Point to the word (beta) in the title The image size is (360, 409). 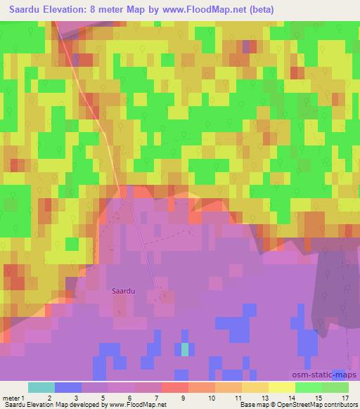coord(259,10)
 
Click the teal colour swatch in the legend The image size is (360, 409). coord(41,388)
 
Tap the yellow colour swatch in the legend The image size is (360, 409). coord(282,388)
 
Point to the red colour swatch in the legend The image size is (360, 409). coord(175,388)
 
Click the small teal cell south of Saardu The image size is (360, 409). coord(185,348)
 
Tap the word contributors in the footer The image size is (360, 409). coord(341,405)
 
